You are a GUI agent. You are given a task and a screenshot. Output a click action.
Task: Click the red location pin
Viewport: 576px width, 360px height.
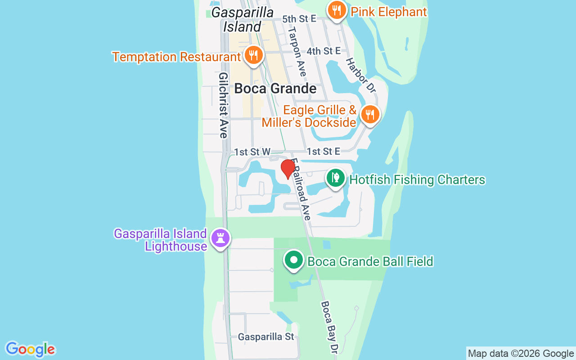[288, 169]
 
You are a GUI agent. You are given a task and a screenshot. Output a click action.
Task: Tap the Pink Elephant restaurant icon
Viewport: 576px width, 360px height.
[336, 11]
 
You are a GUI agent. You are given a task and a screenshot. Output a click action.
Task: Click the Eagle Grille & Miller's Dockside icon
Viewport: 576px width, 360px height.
[369, 115]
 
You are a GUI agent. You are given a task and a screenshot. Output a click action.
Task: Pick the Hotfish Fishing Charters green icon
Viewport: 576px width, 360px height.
[335, 178]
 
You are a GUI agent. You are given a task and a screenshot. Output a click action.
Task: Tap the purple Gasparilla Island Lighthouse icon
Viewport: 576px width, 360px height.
[220, 238]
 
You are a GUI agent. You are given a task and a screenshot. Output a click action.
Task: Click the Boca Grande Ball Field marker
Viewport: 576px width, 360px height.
[294, 260]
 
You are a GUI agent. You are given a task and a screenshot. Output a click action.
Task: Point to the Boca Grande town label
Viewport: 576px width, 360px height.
[275, 88]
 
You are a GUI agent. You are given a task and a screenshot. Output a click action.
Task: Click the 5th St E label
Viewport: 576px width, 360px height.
[299, 19]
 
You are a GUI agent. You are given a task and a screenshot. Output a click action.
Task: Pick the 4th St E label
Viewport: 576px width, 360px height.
[324, 51]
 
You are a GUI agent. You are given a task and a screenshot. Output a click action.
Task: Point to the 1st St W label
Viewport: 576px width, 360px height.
[252, 152]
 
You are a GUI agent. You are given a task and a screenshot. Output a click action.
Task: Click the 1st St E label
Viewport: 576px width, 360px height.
[323, 152]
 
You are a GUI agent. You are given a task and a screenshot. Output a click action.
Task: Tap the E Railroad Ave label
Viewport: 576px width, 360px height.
[301, 189]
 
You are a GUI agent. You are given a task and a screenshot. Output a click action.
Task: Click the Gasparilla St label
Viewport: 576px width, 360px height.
[266, 337]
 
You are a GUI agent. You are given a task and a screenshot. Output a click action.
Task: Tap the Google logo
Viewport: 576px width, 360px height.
[31, 349]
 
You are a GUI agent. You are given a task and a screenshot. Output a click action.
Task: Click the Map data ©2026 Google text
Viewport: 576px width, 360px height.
[521, 354]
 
